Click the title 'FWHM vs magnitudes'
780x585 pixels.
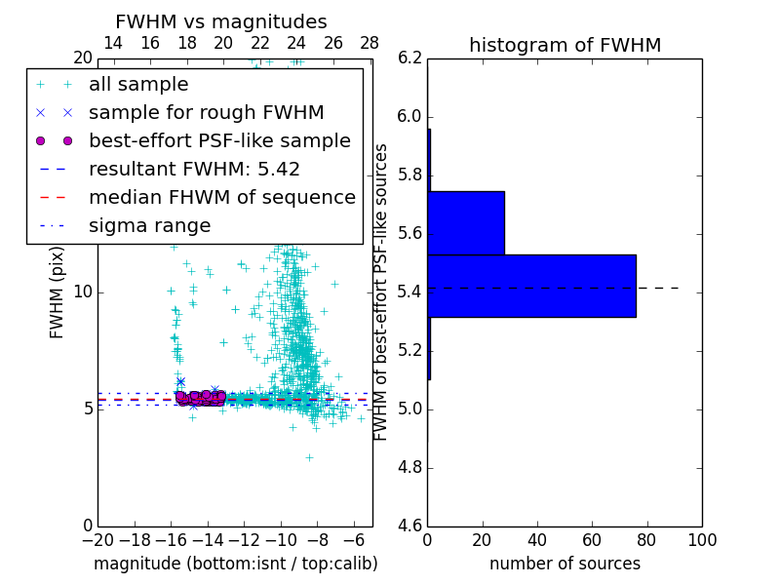[221, 22]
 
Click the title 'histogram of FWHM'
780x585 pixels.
[565, 45]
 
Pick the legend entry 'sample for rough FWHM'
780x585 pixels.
[206, 112]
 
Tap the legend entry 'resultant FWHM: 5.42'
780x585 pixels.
[194, 169]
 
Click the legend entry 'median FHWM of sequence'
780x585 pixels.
[221, 197]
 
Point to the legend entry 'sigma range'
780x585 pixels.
[149, 225]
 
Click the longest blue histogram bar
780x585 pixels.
[531, 286]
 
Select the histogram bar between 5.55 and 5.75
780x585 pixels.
[466, 222]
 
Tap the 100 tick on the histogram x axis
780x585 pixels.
[702, 540]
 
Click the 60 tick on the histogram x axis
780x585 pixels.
[592, 540]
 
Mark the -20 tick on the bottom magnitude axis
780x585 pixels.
[97, 540]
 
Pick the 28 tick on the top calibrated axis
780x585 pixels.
[370, 43]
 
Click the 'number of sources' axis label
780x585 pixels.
[565, 564]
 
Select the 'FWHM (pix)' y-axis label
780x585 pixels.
[58, 292]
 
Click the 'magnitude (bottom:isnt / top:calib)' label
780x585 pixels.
[235, 564]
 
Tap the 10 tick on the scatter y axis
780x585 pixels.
[82, 292]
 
